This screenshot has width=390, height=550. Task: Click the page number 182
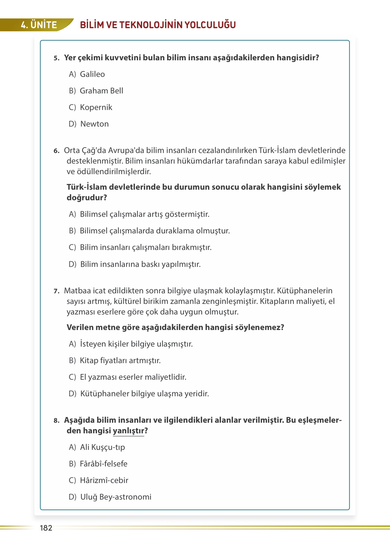(46, 528)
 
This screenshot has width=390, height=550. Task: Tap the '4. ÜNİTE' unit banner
(38, 25)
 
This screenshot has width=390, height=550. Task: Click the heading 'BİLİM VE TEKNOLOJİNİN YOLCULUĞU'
(158, 25)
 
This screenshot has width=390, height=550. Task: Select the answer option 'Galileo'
(92, 74)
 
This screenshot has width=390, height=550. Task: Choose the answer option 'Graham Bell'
(101, 91)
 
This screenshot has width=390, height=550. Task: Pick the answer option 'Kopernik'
(96, 108)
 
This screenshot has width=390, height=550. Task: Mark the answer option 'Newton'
(95, 124)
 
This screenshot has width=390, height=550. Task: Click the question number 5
(56, 58)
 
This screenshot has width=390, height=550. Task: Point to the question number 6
(56, 151)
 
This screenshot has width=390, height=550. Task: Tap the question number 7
(56, 291)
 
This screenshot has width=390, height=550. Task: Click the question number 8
(56, 421)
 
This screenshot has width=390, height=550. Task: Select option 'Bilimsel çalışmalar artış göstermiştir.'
(145, 214)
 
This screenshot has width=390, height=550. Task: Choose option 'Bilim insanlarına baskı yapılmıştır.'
(140, 264)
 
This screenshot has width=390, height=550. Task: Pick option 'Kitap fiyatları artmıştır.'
(120, 361)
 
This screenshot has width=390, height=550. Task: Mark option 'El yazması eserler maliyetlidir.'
(133, 377)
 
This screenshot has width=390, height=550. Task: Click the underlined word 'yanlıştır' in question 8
(128, 431)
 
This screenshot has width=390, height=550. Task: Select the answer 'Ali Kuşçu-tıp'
(102, 447)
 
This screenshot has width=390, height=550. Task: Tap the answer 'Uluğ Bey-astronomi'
(116, 497)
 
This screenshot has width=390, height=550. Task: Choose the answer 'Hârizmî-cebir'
(104, 481)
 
